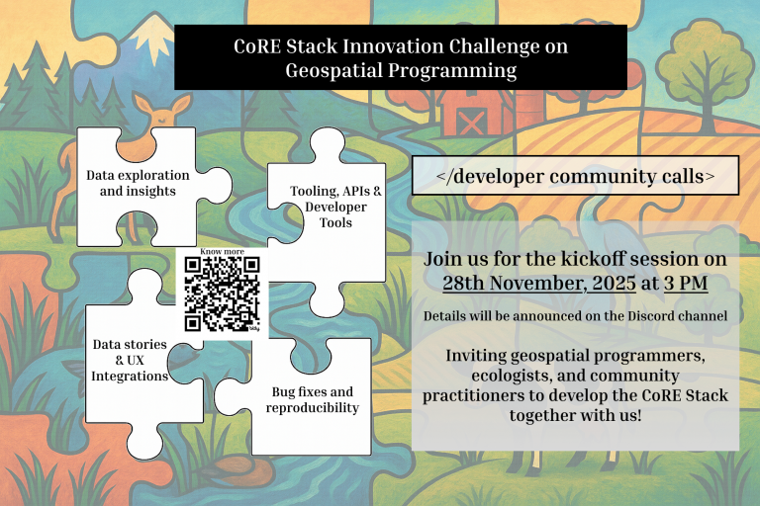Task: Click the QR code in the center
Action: tap(223, 294)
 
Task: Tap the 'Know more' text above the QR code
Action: tap(223, 252)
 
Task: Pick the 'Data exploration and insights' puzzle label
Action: tap(138, 183)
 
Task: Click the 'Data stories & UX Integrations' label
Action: tap(130, 360)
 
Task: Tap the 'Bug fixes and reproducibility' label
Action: tap(313, 399)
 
